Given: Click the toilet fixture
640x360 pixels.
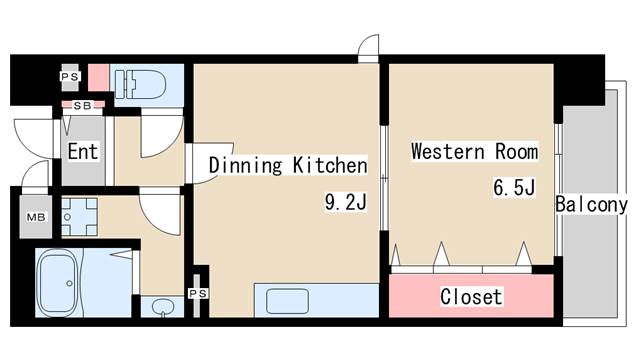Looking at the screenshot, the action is coord(140,84).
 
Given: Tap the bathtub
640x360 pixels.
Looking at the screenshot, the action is coord(58,282).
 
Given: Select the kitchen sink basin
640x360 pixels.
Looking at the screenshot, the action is coord(287,301).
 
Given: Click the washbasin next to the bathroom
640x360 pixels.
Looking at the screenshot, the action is coord(162,307).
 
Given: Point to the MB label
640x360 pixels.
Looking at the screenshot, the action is coord(36,217).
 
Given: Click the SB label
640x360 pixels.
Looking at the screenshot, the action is coord(82,106).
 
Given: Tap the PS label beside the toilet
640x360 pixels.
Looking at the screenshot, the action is coord(70,76).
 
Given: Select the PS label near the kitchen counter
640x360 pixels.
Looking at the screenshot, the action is coord(198,293).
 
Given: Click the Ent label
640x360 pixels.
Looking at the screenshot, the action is coord(83,151).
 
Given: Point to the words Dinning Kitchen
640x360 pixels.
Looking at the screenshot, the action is coord(288,165).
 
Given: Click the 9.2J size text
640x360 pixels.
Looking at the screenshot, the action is coord(346,202).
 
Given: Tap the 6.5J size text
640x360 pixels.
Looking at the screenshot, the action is coord(514,188).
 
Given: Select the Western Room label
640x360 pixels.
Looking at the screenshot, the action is coord(474,151).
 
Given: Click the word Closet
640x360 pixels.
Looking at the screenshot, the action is coord(471,297).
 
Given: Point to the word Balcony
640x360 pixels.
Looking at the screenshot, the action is coord(591,204).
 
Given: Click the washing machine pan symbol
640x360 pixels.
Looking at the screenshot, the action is coord(80,217).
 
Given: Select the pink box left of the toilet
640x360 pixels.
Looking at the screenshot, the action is coord(98,78).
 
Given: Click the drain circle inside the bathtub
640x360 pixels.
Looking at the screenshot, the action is coord(70,283).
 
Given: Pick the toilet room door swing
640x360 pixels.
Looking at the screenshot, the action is coord(162,137).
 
